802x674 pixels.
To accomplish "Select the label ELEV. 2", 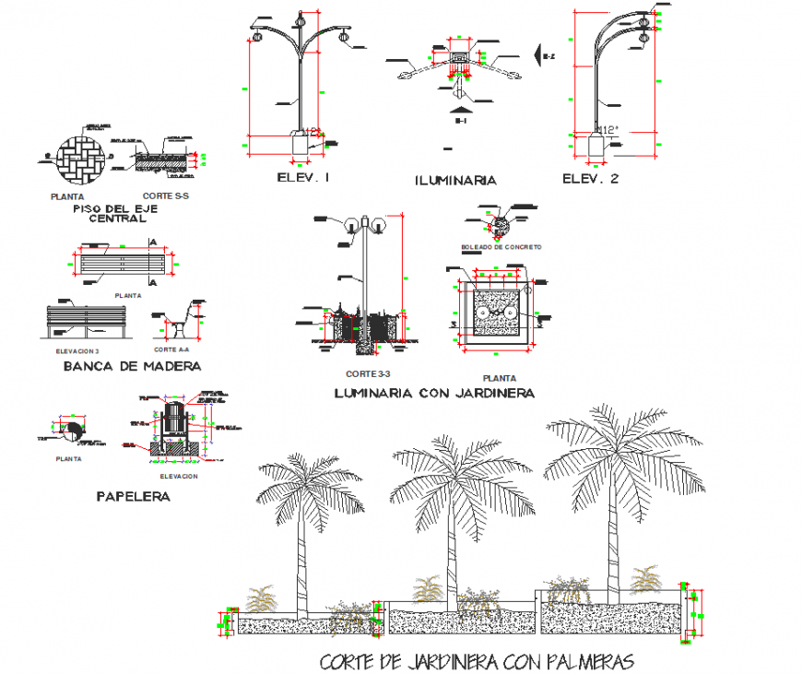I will (x=591, y=179).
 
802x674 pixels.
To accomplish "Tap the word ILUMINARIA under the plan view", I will (x=455, y=181).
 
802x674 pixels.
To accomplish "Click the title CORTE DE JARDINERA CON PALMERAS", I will (x=478, y=661).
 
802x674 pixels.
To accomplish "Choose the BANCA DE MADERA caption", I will (x=132, y=366).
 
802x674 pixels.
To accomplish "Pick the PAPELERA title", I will (x=133, y=496).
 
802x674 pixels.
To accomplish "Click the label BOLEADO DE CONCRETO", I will (x=501, y=247).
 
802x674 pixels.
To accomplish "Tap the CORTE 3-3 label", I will (x=369, y=374).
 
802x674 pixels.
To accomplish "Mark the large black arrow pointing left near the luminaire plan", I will (x=537, y=56).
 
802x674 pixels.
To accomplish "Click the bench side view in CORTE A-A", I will (x=183, y=318).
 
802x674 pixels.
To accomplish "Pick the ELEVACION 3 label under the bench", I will (x=72, y=351).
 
